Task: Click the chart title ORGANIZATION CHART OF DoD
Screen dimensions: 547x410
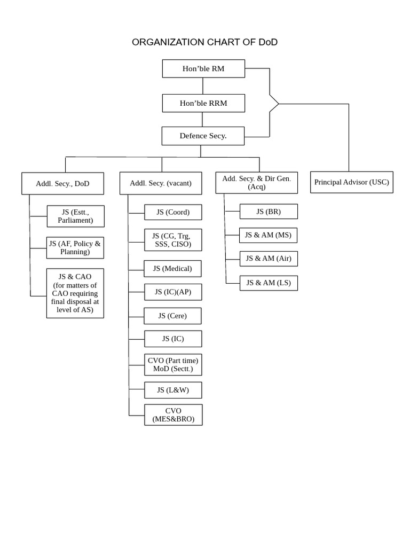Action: (204, 42)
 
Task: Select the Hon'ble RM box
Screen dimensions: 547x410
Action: (203, 68)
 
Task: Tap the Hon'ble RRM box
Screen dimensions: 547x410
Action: (203, 103)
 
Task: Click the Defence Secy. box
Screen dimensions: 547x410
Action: (203, 136)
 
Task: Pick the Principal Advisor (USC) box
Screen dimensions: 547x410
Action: (351, 182)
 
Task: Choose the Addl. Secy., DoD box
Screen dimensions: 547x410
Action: (62, 183)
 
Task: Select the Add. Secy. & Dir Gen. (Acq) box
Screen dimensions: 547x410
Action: (256, 183)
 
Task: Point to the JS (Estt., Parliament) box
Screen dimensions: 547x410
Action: (75, 216)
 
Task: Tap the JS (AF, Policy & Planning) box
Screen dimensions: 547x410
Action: (75, 248)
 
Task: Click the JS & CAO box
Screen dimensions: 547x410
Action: (75, 293)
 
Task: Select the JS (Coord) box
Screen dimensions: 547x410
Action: (173, 212)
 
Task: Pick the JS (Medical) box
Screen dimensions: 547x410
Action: (172, 269)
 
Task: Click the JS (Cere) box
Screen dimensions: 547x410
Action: (172, 316)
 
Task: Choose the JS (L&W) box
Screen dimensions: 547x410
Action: (173, 390)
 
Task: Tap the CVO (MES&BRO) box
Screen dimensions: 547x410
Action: (173, 415)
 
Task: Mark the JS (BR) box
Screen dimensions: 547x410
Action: (269, 212)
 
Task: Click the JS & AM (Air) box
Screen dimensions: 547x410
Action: (269, 259)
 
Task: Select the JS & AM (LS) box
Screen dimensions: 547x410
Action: (269, 283)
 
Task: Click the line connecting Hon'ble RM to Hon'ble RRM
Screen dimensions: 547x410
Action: (203, 86)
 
